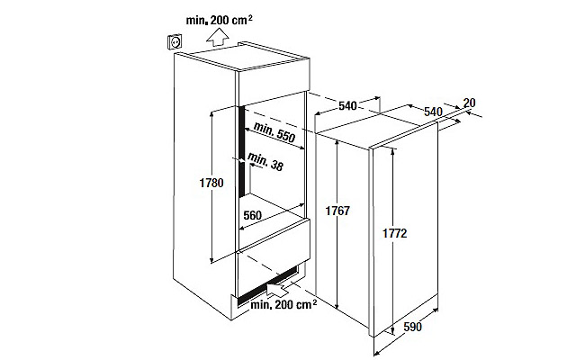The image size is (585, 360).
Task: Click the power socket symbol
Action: (x=175, y=41)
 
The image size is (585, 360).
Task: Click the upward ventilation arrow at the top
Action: (x=218, y=38)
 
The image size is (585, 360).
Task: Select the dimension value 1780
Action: (x=211, y=183)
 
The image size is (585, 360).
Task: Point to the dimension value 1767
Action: (x=337, y=211)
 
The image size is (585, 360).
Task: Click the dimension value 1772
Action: (x=395, y=233)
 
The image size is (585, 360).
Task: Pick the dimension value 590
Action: (x=412, y=328)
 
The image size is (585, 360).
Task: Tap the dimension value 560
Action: (x=253, y=215)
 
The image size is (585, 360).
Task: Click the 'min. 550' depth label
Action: (x=274, y=131)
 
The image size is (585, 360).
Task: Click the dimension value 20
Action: (x=469, y=103)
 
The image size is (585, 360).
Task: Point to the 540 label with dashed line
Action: (x=347, y=106)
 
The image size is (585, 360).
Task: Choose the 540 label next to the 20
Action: (x=433, y=112)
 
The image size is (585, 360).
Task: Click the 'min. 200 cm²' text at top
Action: (x=219, y=20)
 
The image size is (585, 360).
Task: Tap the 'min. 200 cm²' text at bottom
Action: (x=283, y=304)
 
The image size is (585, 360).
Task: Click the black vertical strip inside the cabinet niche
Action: (x=242, y=151)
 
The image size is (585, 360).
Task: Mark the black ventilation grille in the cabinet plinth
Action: (x=268, y=286)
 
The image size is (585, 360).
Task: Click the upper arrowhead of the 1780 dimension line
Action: (x=211, y=113)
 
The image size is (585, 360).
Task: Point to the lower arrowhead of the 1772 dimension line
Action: (x=393, y=330)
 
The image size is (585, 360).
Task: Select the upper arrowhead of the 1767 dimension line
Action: (x=337, y=143)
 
